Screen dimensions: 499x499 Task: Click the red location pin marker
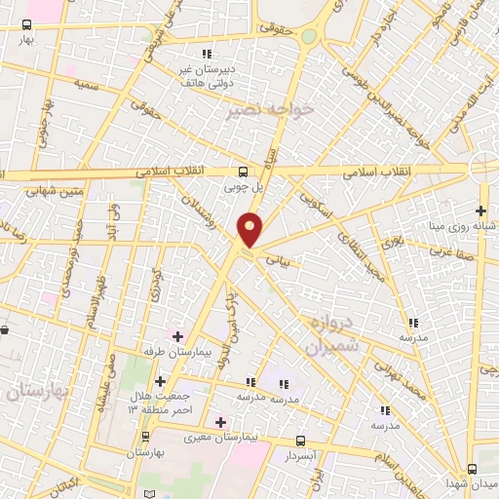(x=250, y=229)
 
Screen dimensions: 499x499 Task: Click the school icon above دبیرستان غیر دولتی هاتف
(x=206, y=53)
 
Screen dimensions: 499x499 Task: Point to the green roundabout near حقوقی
(x=309, y=37)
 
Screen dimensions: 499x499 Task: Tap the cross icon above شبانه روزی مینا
(x=480, y=210)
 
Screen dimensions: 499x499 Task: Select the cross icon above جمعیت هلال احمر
(x=161, y=379)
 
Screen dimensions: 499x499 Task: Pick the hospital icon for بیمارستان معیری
(x=220, y=422)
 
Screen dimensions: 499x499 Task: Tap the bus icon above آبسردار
(x=300, y=440)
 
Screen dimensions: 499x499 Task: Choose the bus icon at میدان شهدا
(x=473, y=469)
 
